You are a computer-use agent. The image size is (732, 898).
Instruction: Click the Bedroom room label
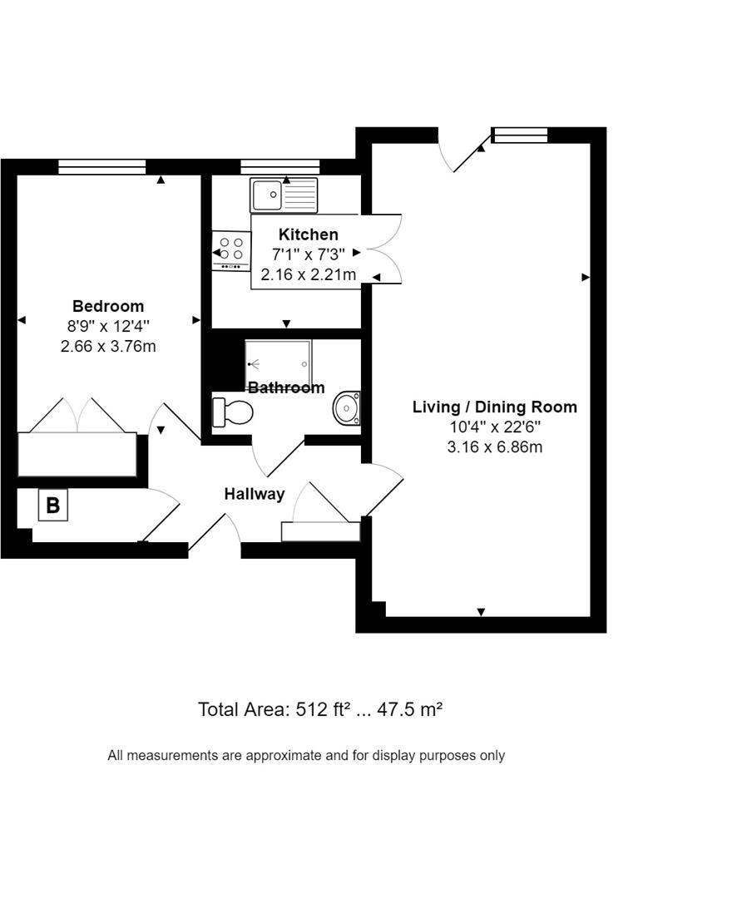[x=108, y=306]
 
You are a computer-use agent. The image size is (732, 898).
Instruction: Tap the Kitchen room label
[x=308, y=234]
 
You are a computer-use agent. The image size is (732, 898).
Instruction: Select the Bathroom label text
[x=286, y=387]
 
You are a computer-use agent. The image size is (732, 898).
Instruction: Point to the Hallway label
[x=255, y=494]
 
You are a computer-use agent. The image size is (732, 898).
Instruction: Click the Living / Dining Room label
[x=494, y=407]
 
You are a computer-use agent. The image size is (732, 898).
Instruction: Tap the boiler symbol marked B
[x=53, y=506]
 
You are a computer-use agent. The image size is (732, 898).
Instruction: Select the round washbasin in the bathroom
[x=346, y=408]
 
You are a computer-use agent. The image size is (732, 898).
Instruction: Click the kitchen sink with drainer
[x=284, y=195]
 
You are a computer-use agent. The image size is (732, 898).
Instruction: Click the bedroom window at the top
[x=102, y=167]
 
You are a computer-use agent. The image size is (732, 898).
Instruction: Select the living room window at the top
[x=520, y=136]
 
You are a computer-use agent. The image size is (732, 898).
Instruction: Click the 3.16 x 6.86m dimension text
[x=494, y=447]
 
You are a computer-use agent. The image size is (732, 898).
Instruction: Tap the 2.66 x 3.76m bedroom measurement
[x=108, y=346]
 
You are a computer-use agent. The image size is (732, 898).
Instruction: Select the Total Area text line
[x=320, y=709]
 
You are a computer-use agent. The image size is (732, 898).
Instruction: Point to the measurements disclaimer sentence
[x=306, y=756]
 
